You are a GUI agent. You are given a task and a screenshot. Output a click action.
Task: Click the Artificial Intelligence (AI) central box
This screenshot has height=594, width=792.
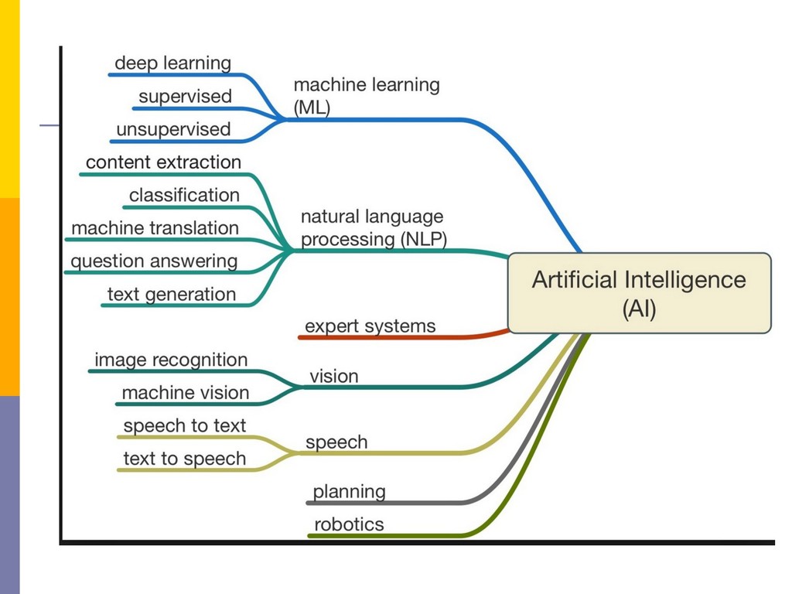pos(639,293)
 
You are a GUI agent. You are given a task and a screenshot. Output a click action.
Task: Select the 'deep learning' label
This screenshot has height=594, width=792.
pos(172,63)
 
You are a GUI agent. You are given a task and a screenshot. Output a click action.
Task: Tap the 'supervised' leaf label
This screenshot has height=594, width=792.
pos(185,97)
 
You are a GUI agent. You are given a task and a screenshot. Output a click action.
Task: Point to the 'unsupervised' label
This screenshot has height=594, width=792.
pos(173,129)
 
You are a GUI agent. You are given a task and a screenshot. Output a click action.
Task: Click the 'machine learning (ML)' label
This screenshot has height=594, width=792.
pos(366,96)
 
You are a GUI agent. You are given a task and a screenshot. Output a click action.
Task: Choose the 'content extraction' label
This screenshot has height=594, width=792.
pos(163,162)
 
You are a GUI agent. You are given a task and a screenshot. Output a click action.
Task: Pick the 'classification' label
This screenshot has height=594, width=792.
pos(184,195)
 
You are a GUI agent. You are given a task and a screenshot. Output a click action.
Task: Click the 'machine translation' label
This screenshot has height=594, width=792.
pos(155,228)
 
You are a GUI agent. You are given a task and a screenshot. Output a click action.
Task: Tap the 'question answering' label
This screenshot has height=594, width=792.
pos(154,261)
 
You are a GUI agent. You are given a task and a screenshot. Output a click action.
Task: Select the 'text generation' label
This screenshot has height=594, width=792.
pos(171,294)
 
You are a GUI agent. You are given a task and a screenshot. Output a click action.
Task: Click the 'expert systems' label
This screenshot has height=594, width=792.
pos(370,326)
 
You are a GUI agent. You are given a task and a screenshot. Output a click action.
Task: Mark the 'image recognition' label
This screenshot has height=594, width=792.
pos(171,360)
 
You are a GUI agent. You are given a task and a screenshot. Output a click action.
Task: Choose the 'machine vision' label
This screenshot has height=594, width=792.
pos(185,393)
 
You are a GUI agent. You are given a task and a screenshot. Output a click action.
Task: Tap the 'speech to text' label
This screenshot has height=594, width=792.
pos(184,425)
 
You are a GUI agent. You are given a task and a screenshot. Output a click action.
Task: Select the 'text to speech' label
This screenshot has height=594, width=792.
pos(184,459)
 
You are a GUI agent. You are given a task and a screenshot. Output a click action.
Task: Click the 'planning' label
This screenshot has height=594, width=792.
pos(349,491)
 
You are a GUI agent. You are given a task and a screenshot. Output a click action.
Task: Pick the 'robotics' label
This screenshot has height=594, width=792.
pos(348,524)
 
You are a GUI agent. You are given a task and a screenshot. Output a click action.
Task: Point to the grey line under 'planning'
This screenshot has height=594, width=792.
pos(387,503)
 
